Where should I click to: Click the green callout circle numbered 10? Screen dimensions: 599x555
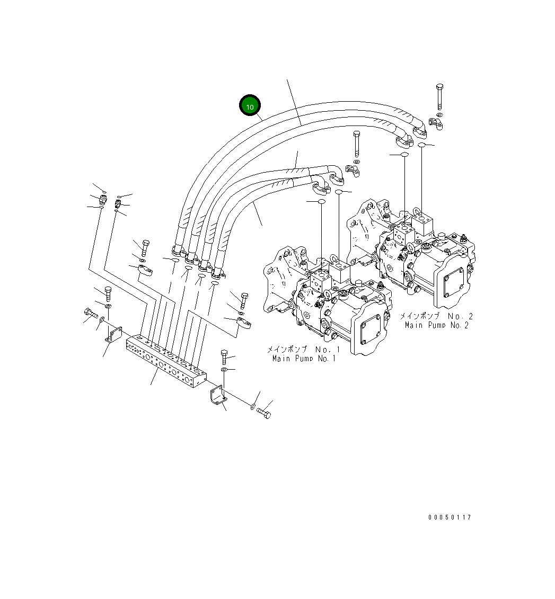250,106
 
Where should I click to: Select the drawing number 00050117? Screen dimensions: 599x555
450,517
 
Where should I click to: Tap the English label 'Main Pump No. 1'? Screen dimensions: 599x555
304,359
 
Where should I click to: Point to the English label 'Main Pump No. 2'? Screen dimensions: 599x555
436,325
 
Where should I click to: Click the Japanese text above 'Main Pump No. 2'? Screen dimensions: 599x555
436,316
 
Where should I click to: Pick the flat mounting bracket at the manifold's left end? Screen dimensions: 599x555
113,335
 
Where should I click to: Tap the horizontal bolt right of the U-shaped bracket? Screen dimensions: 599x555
263,412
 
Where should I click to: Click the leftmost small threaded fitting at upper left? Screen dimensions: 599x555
102,199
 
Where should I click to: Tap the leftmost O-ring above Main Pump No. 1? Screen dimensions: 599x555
321,202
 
